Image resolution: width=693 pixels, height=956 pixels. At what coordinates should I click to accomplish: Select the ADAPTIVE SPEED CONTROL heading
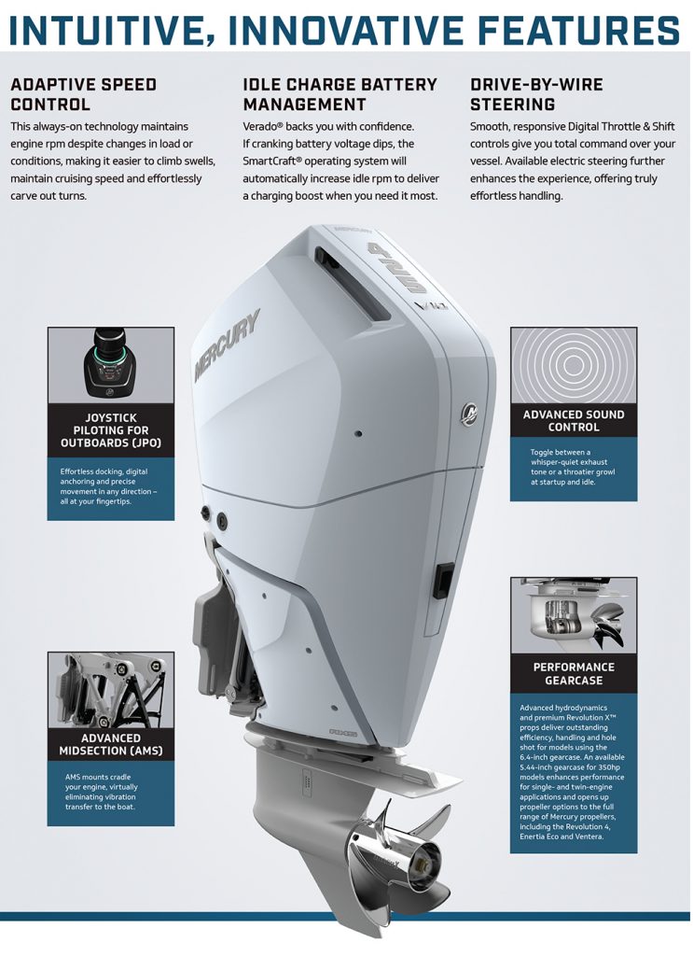tap(83, 94)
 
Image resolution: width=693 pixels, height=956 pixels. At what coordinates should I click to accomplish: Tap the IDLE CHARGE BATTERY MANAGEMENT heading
tap(340, 94)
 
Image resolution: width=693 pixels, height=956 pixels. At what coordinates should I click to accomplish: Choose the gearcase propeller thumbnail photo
tap(574, 615)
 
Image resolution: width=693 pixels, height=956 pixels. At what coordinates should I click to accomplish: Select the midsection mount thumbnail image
tap(111, 690)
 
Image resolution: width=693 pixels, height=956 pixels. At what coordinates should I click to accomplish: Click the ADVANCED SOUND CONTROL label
tap(574, 421)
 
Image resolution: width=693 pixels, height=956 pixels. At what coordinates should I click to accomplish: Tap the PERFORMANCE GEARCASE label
tap(574, 674)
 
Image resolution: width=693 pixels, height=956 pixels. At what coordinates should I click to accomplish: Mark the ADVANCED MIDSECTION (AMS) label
tap(111, 745)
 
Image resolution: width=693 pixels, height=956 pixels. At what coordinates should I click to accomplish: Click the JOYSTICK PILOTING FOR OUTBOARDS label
tap(111, 430)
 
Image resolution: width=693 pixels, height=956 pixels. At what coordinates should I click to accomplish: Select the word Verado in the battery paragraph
tap(265, 126)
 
